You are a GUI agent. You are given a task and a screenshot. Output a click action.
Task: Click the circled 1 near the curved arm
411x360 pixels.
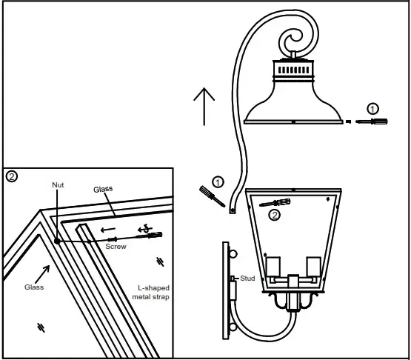(x=217, y=181)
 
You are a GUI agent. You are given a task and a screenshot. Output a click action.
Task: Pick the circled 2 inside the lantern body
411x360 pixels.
(x=275, y=216)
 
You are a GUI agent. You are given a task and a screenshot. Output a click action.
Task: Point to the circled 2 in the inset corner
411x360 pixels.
(x=12, y=176)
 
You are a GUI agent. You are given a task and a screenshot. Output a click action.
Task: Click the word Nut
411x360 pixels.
(x=57, y=184)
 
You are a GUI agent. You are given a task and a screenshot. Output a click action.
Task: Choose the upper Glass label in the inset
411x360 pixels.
(x=103, y=190)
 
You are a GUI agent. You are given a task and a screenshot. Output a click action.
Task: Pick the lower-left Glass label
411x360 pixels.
(x=35, y=287)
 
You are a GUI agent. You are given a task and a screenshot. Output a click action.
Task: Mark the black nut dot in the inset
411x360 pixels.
(x=57, y=240)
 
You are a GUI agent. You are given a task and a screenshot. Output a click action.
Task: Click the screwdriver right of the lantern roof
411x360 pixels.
(x=369, y=121)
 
